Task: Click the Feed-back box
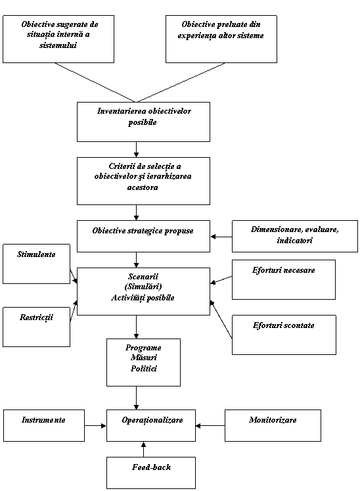click(x=151, y=473)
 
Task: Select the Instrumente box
click(x=44, y=425)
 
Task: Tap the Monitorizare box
click(x=273, y=425)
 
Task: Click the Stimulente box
click(x=36, y=264)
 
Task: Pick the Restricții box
click(x=36, y=327)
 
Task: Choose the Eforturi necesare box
click(x=284, y=279)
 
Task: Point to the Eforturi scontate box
click(x=284, y=335)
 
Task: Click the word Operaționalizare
click(x=152, y=420)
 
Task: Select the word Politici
click(x=144, y=368)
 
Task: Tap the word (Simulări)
click(x=143, y=287)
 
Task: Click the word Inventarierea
click(x=122, y=111)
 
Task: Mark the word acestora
click(x=143, y=187)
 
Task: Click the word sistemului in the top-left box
click(x=58, y=45)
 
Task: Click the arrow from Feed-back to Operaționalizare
click(x=144, y=450)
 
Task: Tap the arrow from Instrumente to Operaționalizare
click(x=95, y=425)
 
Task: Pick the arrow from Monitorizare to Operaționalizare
click(x=210, y=425)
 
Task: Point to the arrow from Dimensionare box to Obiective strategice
click(x=221, y=237)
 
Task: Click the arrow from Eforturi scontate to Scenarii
click(x=221, y=319)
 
